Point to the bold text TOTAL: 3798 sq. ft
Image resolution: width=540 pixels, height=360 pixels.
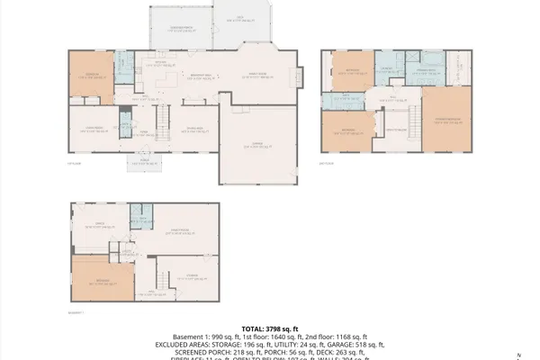click(x=270, y=330)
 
